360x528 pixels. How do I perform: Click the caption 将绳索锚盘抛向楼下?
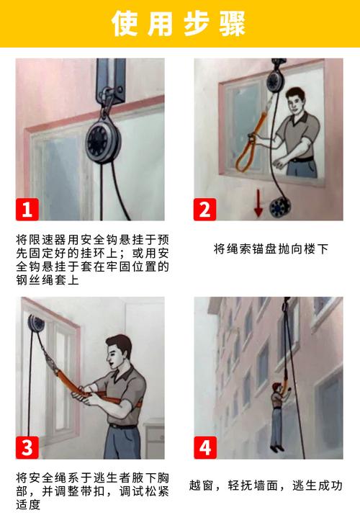tap(271, 249)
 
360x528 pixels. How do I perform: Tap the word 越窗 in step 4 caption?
tap(202, 485)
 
